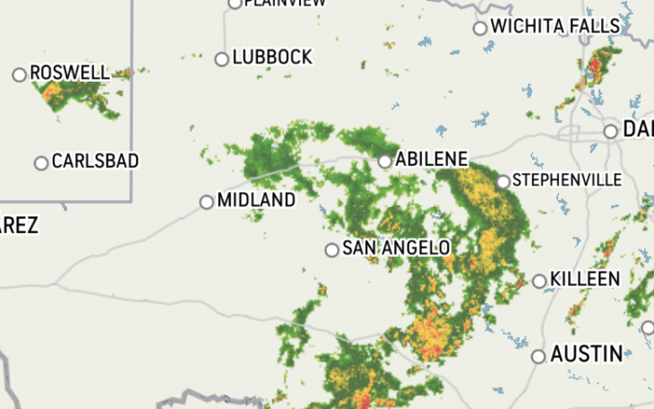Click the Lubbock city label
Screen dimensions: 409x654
271,57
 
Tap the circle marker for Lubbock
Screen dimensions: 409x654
222,59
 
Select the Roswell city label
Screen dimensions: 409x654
69,72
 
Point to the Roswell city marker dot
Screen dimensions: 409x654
20,74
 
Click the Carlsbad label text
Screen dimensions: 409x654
95,161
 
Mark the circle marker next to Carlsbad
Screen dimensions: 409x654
41,163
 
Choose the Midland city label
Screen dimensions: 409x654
255,200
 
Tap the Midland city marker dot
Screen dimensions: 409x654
207,202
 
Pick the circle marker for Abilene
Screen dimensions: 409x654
385,161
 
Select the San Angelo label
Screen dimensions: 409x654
396,248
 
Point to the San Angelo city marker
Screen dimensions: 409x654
332,250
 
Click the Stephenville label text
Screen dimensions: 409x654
566,180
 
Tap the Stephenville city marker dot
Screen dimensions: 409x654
503,182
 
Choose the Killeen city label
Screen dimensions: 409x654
585,279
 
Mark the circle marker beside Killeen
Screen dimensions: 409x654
539,282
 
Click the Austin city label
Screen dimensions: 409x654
586,354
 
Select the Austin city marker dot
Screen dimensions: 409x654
538,357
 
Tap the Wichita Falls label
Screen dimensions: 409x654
555,26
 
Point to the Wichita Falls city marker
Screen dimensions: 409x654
480,29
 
